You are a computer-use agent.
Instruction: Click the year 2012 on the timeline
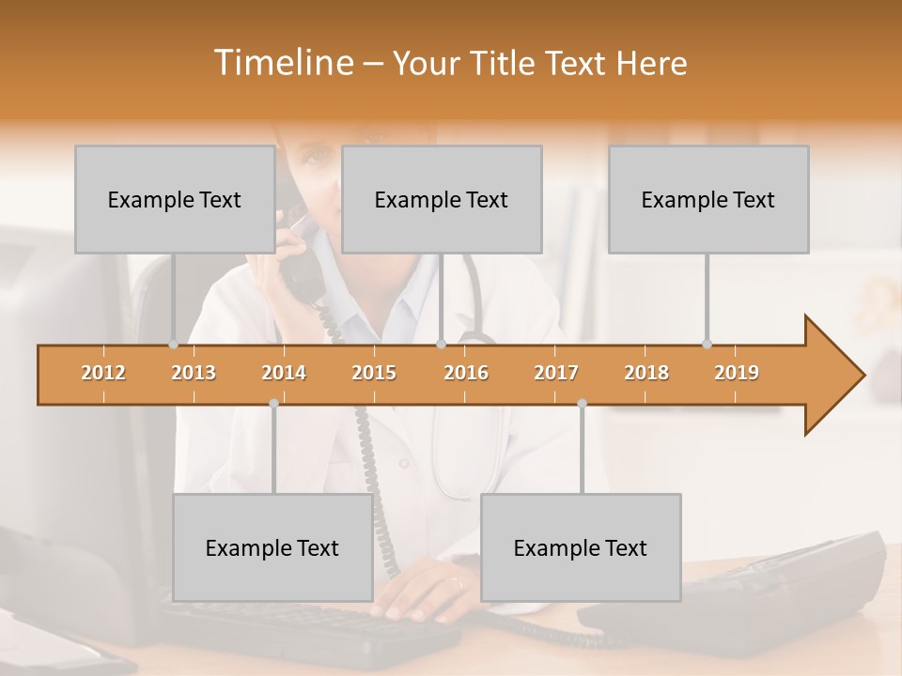(103, 373)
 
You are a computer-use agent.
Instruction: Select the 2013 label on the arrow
(194, 373)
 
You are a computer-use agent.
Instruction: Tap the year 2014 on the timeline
(284, 373)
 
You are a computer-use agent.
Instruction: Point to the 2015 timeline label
(374, 373)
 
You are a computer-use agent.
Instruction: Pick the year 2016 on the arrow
(466, 373)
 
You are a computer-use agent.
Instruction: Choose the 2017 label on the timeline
(556, 373)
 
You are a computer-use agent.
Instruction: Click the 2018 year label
(646, 373)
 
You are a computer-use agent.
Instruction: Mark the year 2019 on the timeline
(737, 373)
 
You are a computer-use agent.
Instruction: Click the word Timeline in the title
(282, 63)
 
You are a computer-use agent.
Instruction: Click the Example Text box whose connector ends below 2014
(272, 547)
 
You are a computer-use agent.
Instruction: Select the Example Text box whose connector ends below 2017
(581, 547)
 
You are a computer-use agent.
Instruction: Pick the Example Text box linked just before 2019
(708, 199)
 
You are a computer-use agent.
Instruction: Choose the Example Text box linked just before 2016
(442, 199)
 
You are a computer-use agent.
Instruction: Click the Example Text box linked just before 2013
(175, 199)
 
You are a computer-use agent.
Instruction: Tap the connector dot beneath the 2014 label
(273, 403)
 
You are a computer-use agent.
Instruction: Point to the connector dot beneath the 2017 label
(582, 403)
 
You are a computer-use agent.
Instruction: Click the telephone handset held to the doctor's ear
(299, 258)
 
